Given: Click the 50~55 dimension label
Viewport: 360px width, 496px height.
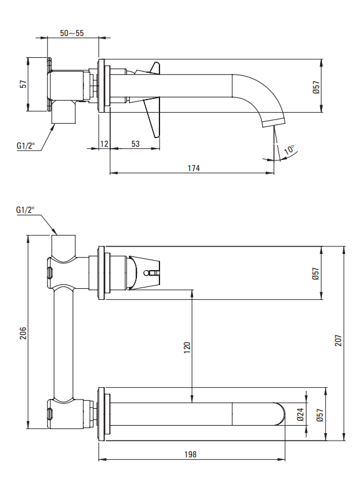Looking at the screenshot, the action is point(72,33).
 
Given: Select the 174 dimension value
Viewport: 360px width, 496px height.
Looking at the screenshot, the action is point(194,168).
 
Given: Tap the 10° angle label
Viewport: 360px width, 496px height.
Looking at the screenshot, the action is point(289,150).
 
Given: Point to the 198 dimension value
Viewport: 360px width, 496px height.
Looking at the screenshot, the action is point(191,454).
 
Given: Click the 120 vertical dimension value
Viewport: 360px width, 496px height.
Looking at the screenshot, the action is point(187,348).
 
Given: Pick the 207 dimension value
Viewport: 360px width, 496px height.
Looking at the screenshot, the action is point(338,340).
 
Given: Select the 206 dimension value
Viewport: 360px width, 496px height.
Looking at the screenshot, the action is point(23,333).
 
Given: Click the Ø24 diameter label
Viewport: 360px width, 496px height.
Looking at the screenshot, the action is point(300,414).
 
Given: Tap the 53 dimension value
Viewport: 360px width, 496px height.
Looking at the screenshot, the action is point(135,144).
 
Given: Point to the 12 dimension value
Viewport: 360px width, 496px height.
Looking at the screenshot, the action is point(104,144).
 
